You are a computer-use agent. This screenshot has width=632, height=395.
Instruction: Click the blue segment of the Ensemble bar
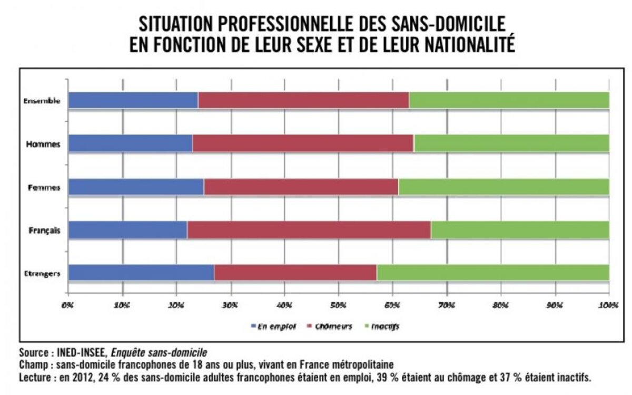(x=133, y=100)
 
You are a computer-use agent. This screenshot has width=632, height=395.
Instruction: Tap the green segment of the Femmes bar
(x=503, y=187)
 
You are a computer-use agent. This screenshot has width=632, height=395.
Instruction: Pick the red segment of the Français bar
(x=309, y=230)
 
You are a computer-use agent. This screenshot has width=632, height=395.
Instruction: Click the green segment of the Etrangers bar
(x=493, y=273)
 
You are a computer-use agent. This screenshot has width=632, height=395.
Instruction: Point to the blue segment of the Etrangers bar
(x=141, y=273)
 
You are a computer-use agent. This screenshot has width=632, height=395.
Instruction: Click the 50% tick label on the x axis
(x=338, y=305)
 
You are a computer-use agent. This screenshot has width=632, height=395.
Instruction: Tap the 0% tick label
(x=68, y=305)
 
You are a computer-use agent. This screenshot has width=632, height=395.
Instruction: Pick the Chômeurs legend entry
(x=330, y=327)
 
